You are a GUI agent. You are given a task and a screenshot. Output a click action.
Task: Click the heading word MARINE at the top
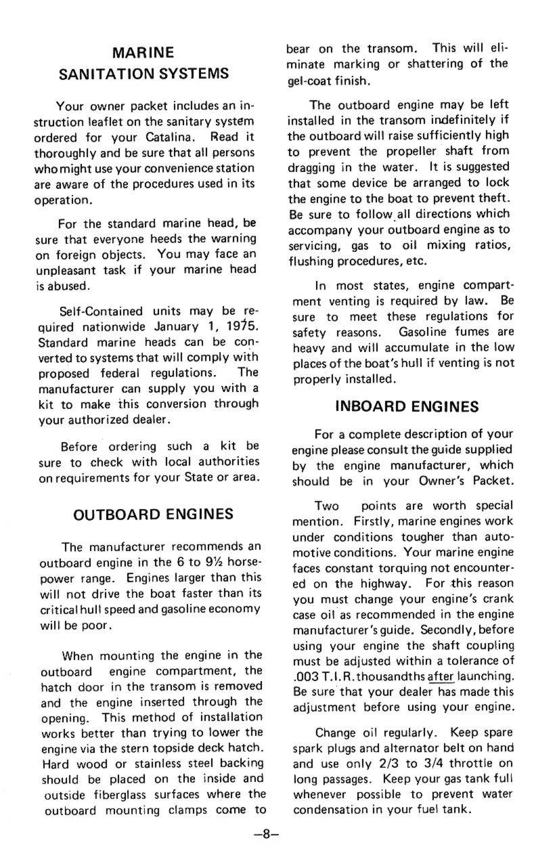(143, 52)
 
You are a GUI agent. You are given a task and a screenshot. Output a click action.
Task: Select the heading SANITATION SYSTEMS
(143, 73)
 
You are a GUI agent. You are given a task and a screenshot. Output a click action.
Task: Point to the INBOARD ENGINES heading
(407, 406)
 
